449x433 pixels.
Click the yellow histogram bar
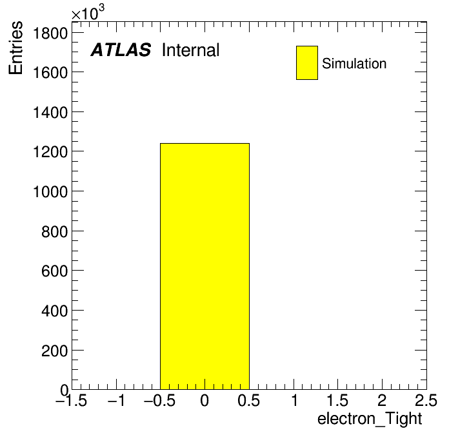(x=205, y=266)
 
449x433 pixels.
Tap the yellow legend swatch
(x=307, y=63)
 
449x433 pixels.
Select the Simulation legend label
(x=354, y=64)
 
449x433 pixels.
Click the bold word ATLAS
(x=121, y=50)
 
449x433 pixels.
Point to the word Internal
(x=191, y=50)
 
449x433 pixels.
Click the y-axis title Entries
(x=15, y=48)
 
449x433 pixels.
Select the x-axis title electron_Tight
(x=370, y=419)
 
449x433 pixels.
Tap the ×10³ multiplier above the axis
(x=88, y=13)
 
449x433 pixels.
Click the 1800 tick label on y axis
(x=50, y=33)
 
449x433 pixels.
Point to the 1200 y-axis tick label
(x=50, y=152)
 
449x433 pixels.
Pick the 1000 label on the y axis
(x=50, y=191)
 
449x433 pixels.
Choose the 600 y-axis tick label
(x=54, y=271)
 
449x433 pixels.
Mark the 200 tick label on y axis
(x=54, y=351)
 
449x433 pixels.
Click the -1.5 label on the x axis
(x=72, y=400)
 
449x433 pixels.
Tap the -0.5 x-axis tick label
(x=160, y=400)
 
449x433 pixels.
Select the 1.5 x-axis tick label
(x=337, y=400)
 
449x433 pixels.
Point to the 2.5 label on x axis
(x=426, y=400)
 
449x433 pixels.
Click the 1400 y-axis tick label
(x=50, y=112)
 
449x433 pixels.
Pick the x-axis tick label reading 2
(x=382, y=400)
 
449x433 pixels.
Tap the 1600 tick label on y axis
(x=50, y=73)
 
